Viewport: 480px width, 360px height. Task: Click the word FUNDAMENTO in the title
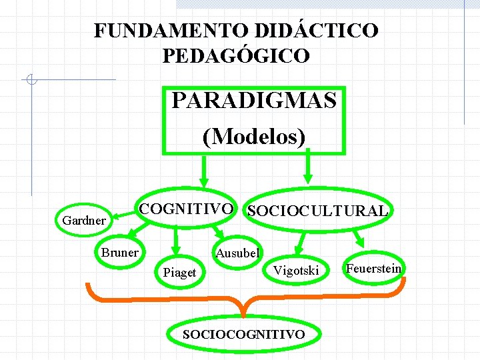tap(171, 31)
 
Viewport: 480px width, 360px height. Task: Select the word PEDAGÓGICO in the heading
tap(236, 55)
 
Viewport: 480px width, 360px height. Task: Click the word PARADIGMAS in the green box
tap(254, 102)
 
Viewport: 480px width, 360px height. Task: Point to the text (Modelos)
tap(254, 137)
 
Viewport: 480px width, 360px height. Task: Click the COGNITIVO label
tap(186, 209)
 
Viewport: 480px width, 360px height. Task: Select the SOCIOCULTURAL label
tap(317, 211)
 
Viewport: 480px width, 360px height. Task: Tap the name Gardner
tap(83, 220)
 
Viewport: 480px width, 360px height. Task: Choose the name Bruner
tap(119, 252)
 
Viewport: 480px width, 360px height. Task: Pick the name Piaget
tap(179, 272)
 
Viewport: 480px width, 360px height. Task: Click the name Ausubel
tap(238, 253)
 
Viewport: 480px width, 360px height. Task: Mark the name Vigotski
tap(297, 270)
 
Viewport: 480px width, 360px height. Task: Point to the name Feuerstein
tap(373, 268)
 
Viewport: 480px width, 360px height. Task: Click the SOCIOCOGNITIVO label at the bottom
tap(244, 334)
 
